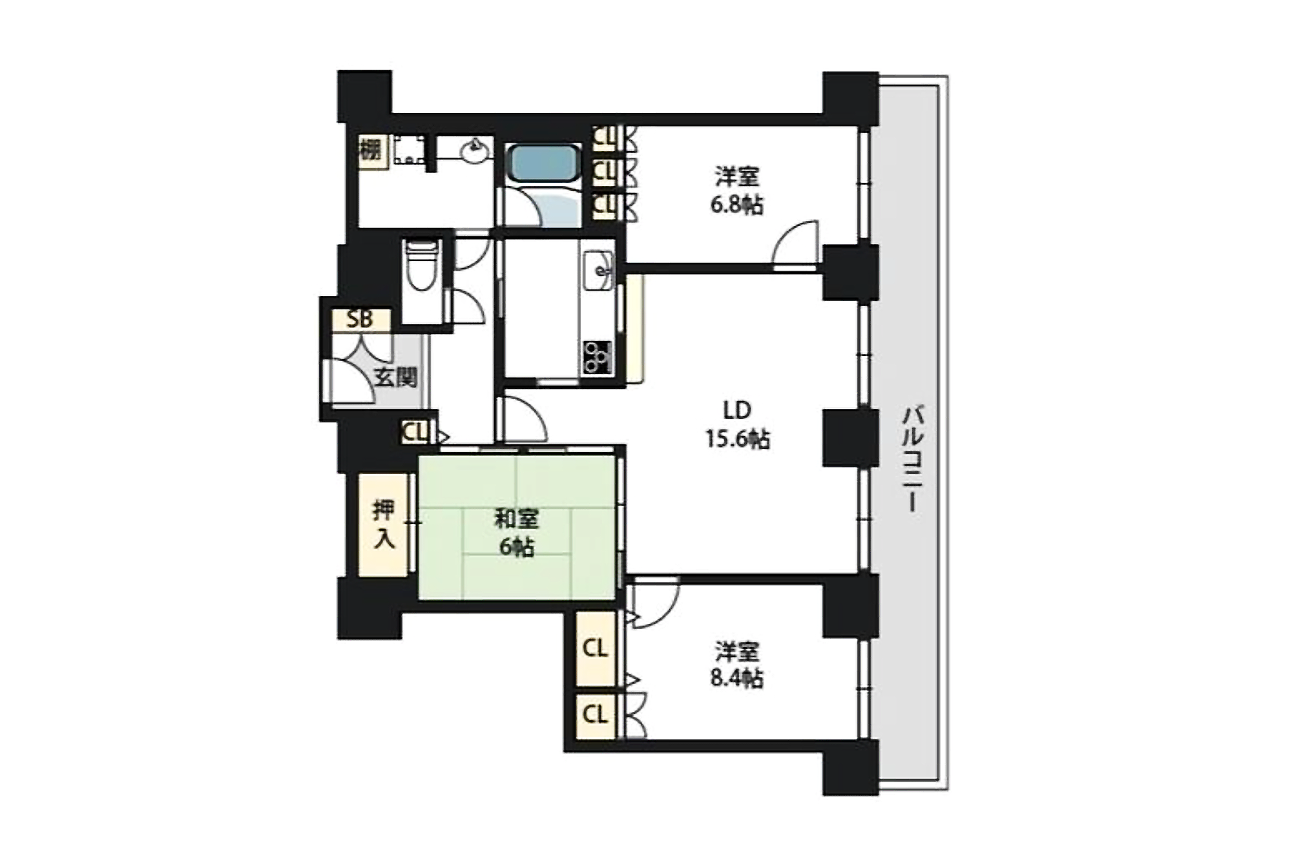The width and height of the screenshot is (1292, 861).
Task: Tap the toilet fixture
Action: point(422,265)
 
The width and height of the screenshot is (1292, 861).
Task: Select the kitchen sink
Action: point(598,271)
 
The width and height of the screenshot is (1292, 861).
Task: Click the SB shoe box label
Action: point(360,319)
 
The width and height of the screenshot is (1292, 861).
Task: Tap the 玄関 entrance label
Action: point(395,377)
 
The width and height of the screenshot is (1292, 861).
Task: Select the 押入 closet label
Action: point(384,524)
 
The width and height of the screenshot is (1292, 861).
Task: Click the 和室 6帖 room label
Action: point(516,533)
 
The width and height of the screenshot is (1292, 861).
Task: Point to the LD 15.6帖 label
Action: point(737,424)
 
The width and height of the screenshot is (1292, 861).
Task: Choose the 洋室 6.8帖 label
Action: point(737,191)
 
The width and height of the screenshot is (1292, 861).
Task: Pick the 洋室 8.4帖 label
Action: point(737,665)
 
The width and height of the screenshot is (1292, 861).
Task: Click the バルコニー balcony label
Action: point(912,458)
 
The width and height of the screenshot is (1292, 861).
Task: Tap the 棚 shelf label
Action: point(370,151)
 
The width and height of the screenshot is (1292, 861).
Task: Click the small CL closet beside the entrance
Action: point(415,432)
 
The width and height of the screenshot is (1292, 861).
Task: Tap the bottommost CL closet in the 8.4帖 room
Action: point(595,715)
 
